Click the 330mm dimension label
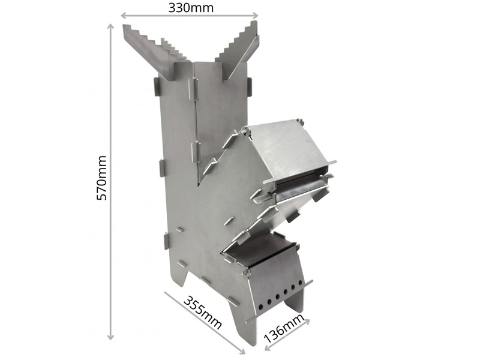click(x=191, y=7)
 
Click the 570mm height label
click(x=101, y=178)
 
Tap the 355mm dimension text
click(x=202, y=313)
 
